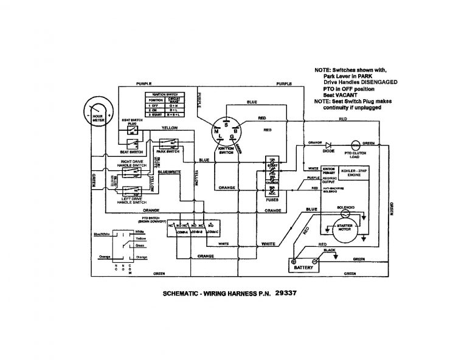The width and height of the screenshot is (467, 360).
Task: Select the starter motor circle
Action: click(345, 229)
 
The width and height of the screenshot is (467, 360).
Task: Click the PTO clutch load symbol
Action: click(355, 145)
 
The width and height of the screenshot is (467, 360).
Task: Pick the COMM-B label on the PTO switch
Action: click(196, 231)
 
